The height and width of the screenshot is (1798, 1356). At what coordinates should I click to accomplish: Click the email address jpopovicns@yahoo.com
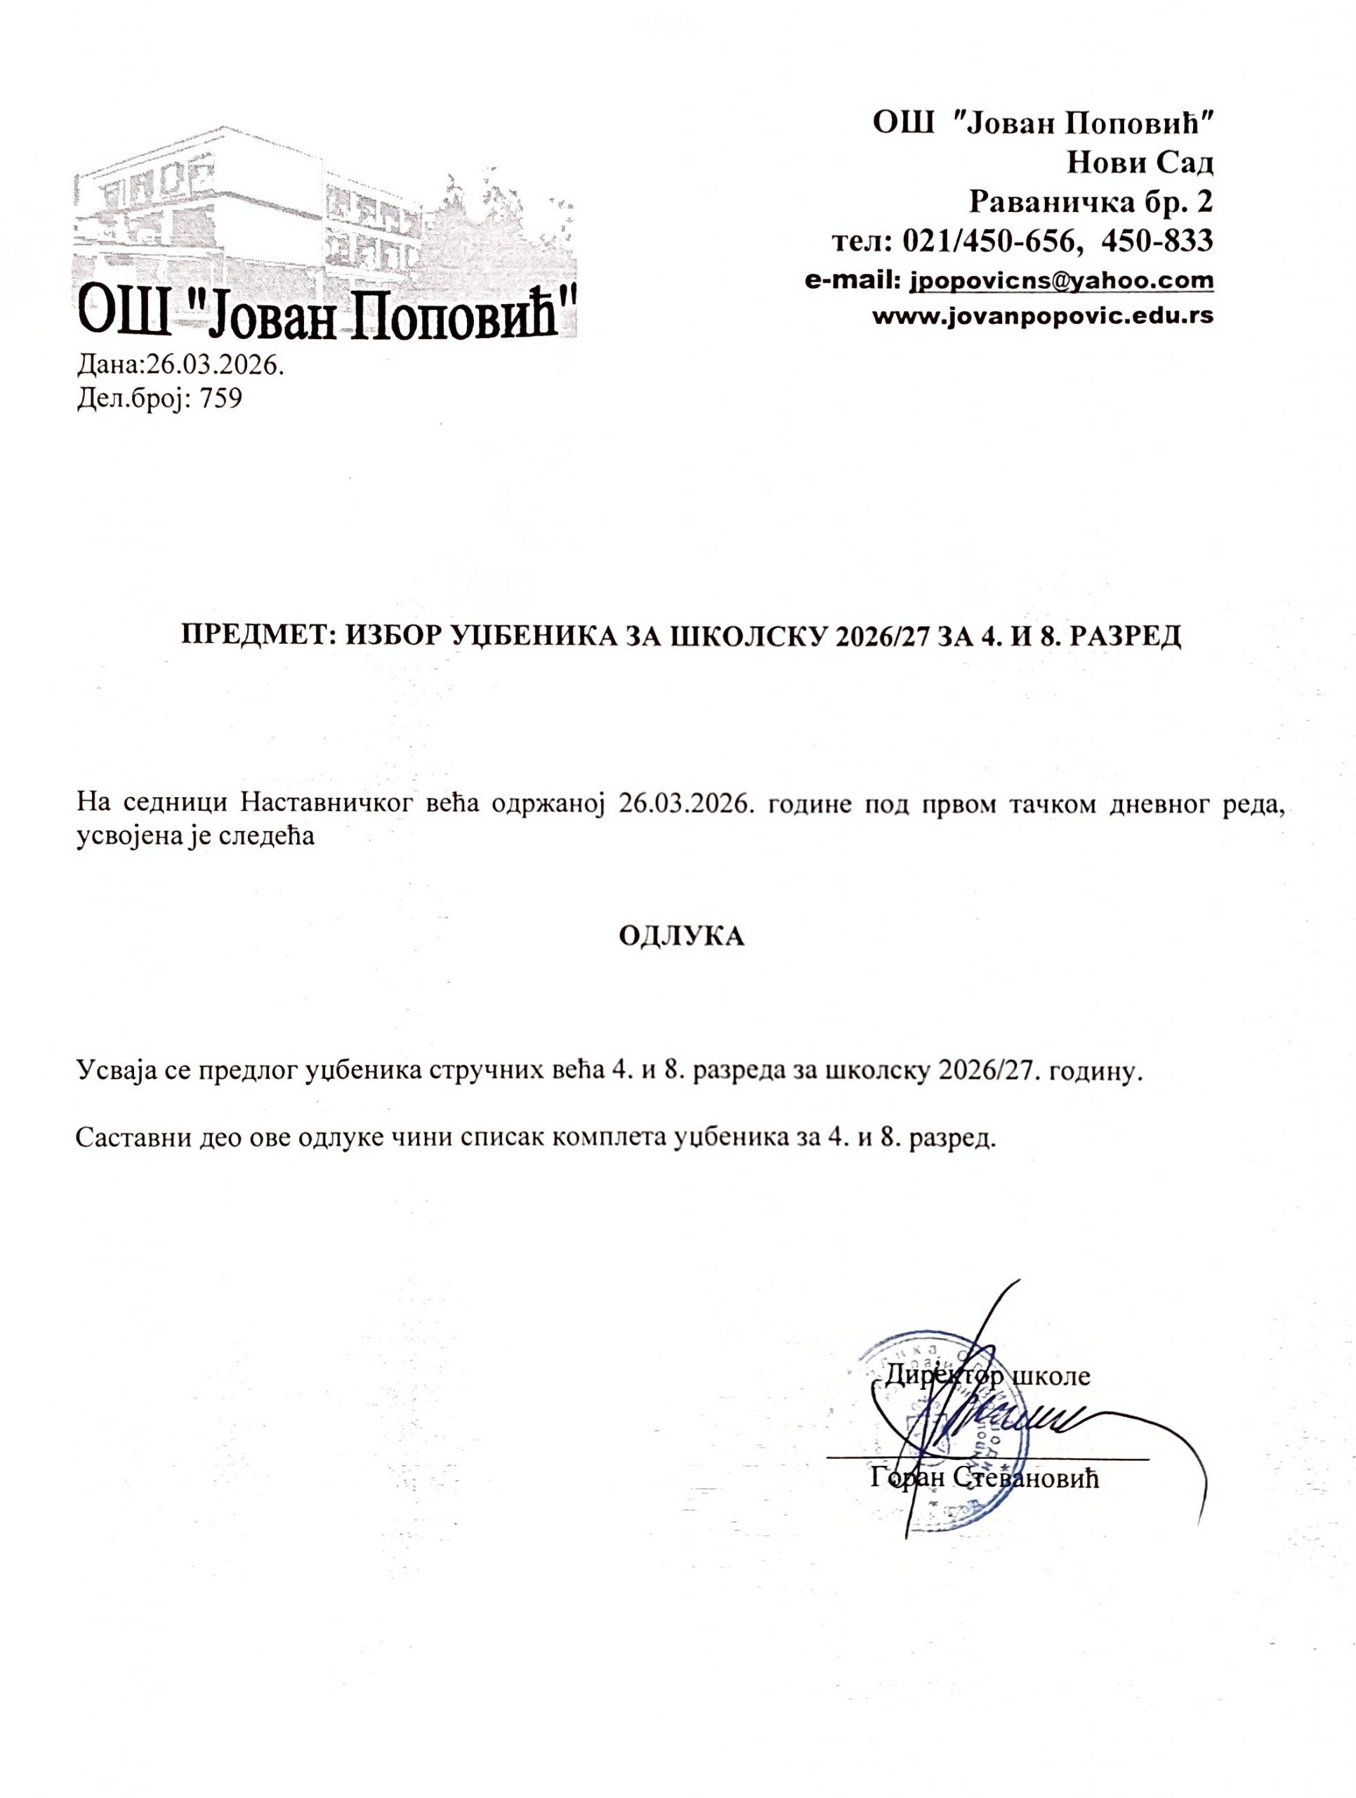click(1061, 280)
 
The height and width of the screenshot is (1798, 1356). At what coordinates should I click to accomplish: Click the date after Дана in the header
click(213, 365)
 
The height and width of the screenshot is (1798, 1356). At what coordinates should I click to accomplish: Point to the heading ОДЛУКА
click(681, 936)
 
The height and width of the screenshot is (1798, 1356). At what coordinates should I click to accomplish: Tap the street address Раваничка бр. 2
click(1092, 201)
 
